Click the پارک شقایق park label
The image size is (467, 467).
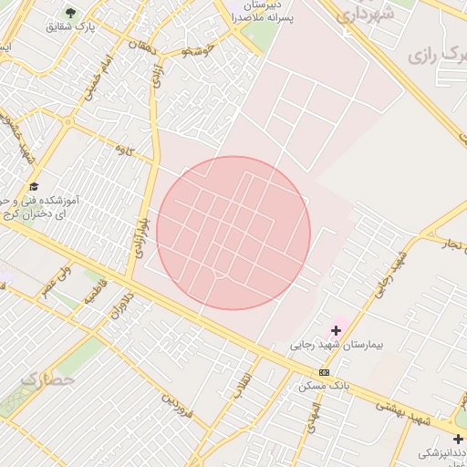(x=70, y=26)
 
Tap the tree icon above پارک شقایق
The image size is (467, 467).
(x=70, y=12)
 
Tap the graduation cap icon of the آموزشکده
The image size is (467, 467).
(x=34, y=187)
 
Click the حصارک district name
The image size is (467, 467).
(x=46, y=378)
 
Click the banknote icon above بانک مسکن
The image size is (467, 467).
(x=325, y=371)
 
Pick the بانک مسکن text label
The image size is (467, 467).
(x=324, y=386)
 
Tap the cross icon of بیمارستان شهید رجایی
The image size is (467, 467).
(x=336, y=329)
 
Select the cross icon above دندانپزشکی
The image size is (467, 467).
(x=457, y=439)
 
